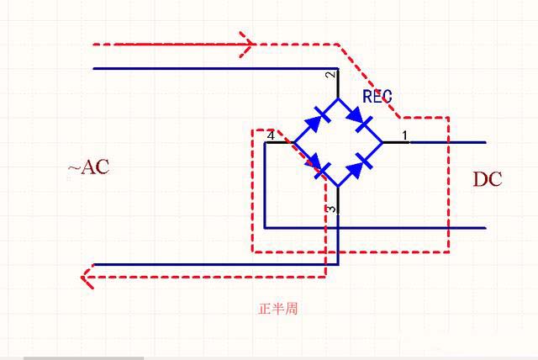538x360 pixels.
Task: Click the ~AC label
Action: [x=88, y=167]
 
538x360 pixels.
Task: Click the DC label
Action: [x=487, y=178]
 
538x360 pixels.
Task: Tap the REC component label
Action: [x=377, y=97]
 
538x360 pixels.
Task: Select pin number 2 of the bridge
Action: [x=330, y=76]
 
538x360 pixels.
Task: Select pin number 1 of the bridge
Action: [x=403, y=135]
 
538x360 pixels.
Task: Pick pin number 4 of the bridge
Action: [x=271, y=135]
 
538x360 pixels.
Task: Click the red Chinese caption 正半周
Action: [x=277, y=309]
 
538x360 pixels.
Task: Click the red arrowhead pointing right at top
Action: [x=247, y=44]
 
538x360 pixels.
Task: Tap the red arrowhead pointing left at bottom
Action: [x=86, y=277]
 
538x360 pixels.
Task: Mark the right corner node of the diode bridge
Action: [x=382, y=142]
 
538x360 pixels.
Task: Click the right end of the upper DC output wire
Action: [x=485, y=142]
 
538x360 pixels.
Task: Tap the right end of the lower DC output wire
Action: [x=485, y=227]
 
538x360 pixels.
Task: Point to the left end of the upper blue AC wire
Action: [x=94, y=68]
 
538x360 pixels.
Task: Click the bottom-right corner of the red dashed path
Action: [x=448, y=251]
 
